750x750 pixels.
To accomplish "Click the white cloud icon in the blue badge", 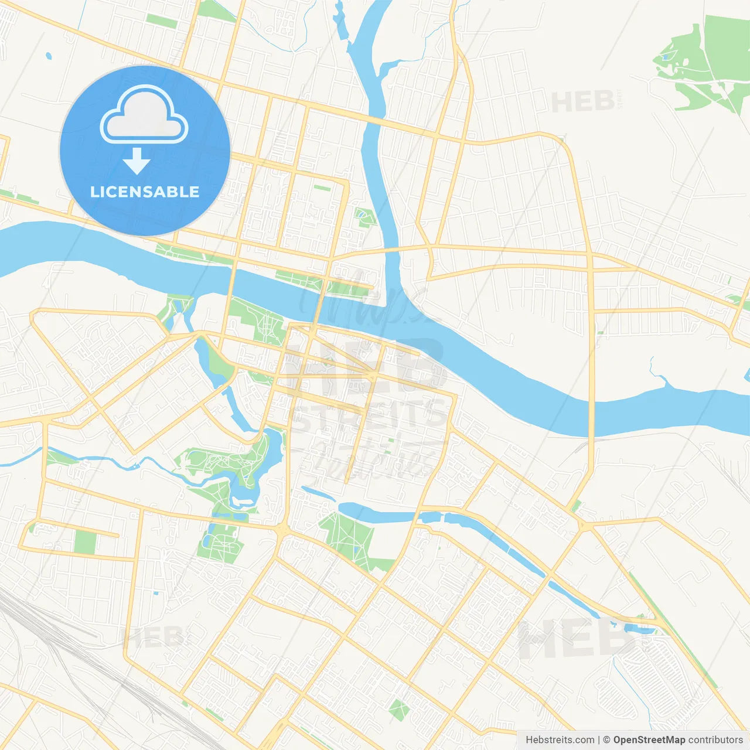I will [x=144, y=115].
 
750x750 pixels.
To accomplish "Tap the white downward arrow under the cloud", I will [x=137, y=161].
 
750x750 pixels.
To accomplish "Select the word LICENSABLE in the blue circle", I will [x=145, y=192].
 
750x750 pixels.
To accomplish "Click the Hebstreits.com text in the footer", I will [x=560, y=740].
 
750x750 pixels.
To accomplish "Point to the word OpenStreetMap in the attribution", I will [x=649, y=740].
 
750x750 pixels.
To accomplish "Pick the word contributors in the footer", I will [x=715, y=740].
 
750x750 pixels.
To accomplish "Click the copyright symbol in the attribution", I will [x=606, y=740].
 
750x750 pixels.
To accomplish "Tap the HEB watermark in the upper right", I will [x=584, y=101].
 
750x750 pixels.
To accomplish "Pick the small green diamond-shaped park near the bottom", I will [x=399, y=710].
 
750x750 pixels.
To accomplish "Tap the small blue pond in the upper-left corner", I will [x=48, y=57].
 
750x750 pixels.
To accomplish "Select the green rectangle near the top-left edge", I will [x=161, y=21].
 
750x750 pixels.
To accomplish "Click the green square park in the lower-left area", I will [x=86, y=542].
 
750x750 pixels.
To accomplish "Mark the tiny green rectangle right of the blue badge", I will [x=322, y=187].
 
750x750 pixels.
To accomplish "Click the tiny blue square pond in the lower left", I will [x=156, y=594].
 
